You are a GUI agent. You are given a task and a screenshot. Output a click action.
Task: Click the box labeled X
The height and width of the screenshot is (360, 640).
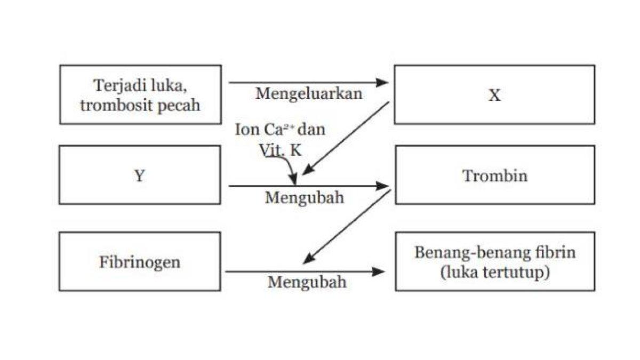point(494,94)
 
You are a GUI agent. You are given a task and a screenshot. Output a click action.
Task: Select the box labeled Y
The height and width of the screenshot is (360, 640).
point(139,175)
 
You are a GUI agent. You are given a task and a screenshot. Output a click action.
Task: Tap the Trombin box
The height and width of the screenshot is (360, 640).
point(494,175)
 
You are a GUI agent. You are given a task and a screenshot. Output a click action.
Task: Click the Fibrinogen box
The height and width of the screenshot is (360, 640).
point(139,262)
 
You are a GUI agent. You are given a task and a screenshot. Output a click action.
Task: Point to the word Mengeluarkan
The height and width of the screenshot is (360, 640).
point(309,93)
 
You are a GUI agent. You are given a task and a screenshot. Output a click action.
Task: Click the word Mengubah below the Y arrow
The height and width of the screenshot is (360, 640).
point(305,197)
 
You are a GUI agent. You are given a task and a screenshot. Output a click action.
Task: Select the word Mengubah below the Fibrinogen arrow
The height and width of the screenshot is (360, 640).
point(307,281)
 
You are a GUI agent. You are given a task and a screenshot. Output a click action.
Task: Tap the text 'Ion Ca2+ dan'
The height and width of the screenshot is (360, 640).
point(280,130)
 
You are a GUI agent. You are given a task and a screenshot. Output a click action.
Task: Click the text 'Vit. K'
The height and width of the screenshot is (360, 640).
point(281,150)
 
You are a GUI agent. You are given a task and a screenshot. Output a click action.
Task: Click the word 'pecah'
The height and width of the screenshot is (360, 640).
point(179,105)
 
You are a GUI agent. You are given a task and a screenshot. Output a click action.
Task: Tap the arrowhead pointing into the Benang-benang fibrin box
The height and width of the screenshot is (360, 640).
point(378,271)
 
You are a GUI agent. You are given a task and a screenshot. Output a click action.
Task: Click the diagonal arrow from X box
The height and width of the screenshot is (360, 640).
point(346,138)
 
